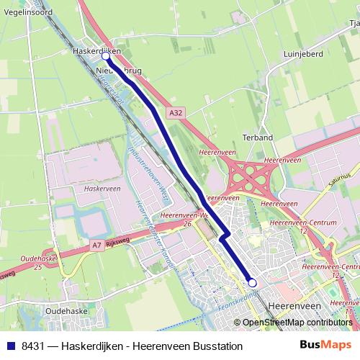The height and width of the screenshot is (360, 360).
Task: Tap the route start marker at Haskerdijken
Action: point(106,55)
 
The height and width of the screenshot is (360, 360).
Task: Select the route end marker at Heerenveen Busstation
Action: point(252,283)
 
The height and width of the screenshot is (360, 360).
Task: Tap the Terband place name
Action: point(257,137)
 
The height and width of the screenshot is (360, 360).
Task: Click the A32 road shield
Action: point(178,113)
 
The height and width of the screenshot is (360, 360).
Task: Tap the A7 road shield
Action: point(96,246)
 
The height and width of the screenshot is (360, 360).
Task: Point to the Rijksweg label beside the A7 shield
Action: point(116,243)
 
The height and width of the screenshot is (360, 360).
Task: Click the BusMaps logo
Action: point(325,346)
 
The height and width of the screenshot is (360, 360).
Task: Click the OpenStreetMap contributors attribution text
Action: point(296,323)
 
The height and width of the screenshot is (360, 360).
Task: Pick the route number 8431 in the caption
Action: point(32,346)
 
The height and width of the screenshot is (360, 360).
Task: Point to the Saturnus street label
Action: point(343,178)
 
